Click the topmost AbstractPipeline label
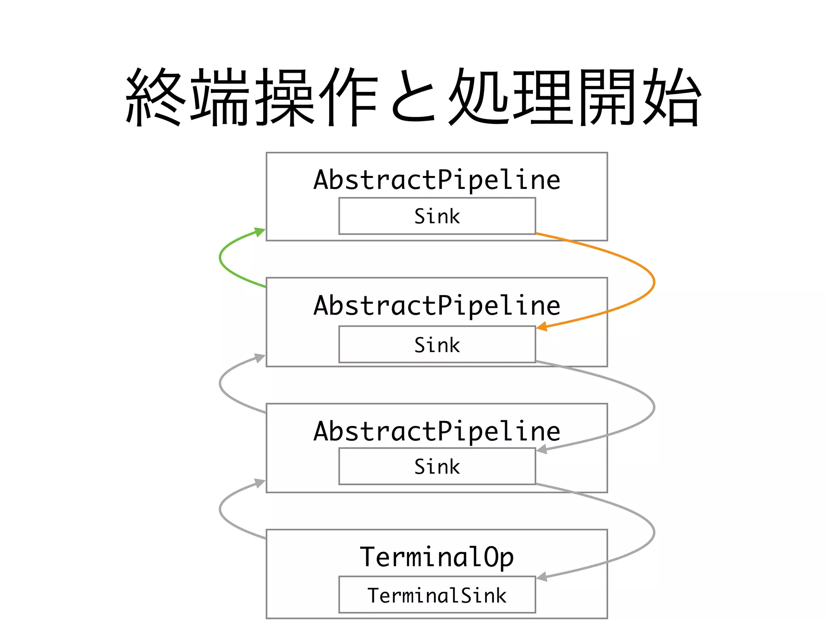pos(437,180)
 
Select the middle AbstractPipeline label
pos(437,306)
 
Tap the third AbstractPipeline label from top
pos(437,431)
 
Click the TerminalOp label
pos(437,557)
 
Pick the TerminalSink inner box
pos(437,595)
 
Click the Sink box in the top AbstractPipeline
pos(437,216)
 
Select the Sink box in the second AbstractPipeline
pos(437,345)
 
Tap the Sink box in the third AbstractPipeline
pos(437,467)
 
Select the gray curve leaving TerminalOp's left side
pos(220,509)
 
